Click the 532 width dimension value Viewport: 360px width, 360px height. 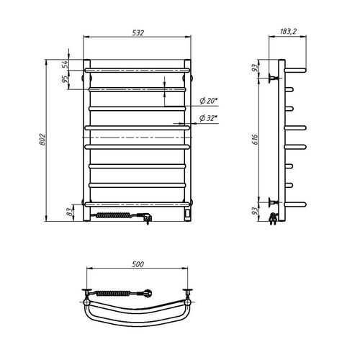138,32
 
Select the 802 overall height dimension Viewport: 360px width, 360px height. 42,140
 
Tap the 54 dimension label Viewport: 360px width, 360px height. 65,65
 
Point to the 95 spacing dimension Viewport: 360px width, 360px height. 65,79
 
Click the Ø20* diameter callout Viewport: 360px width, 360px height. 209,101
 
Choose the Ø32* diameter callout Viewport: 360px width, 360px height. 208,118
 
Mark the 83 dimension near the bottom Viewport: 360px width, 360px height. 69,212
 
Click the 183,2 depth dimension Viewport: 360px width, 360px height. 288,31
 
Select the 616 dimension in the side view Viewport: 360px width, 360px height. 256,140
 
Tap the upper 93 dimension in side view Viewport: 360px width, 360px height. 255,68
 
